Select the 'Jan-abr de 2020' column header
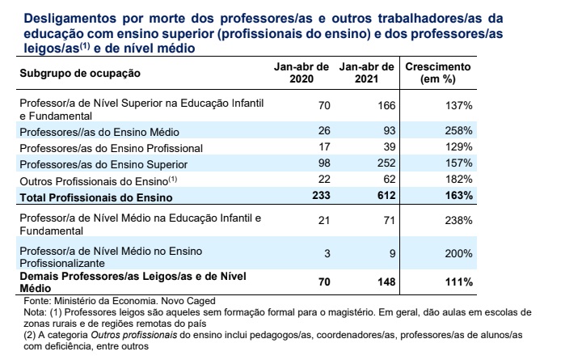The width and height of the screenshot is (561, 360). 302,73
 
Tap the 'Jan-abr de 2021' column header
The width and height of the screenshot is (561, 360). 367,73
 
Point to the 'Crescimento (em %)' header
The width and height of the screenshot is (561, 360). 439,73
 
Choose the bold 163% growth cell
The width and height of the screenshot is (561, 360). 457,196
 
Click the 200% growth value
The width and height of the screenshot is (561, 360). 458,253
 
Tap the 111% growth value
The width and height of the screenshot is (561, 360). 458,282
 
